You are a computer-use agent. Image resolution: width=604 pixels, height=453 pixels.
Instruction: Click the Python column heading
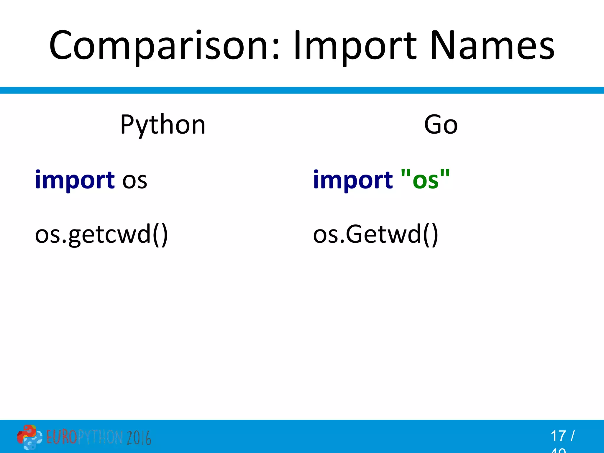point(163,125)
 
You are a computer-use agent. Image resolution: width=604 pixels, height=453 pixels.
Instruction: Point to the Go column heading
point(441,125)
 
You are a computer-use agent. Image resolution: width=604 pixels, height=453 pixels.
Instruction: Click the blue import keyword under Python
point(75,180)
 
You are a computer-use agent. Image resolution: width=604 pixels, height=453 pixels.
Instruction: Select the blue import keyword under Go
point(353,180)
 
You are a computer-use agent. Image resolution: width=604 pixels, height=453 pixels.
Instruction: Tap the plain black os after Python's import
point(135,180)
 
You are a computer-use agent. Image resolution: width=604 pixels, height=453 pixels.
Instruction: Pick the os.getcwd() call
point(101,234)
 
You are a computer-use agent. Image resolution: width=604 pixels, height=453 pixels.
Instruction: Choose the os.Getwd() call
point(375,234)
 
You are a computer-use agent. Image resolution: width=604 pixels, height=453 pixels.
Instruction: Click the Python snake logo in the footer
point(29,437)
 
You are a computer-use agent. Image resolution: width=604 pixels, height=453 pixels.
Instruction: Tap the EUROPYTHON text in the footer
point(84,437)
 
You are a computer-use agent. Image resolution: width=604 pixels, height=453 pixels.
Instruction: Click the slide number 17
point(558,436)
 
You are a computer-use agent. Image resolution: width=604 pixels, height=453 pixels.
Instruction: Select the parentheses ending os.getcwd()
point(160,235)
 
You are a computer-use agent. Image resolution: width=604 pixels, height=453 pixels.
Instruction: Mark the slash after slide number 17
point(572,436)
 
